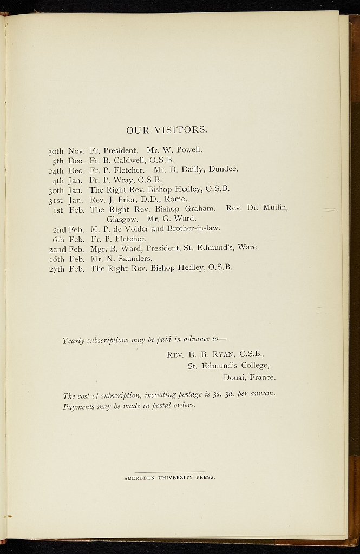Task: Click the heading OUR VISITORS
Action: pyautogui.click(x=167, y=130)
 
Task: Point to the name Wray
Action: pyautogui.click(x=123, y=179)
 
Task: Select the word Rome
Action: pyautogui.click(x=175, y=199)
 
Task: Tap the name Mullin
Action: pyautogui.click(x=274, y=209)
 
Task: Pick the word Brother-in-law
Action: pyautogui.click(x=193, y=228)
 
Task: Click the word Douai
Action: pyautogui.click(x=234, y=377)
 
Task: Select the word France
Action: pyautogui.click(x=263, y=377)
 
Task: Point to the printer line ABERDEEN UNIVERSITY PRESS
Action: pyautogui.click(x=169, y=478)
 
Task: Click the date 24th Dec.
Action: pyautogui.click(x=67, y=169)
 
